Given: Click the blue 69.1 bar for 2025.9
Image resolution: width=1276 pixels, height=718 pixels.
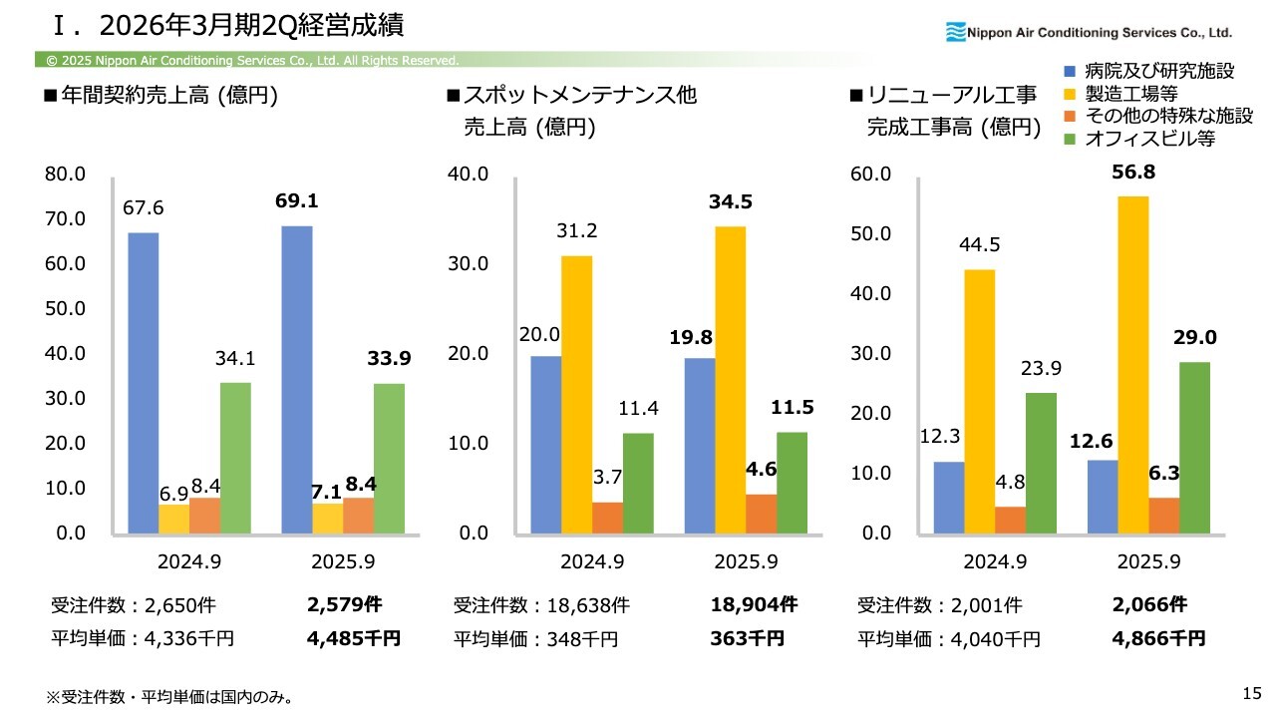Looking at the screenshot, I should [297, 379].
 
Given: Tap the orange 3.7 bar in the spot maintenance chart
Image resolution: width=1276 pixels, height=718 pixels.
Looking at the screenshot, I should [608, 517].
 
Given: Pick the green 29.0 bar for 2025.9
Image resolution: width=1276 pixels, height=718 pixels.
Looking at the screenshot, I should [1194, 447].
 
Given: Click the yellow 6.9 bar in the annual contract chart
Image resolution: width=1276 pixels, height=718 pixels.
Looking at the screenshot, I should [174, 519].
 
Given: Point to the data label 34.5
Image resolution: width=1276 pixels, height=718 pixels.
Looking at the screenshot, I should [731, 202].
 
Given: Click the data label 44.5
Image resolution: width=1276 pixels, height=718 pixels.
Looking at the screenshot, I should [980, 245].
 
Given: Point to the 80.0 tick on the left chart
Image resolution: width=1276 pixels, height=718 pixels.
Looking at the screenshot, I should [65, 175].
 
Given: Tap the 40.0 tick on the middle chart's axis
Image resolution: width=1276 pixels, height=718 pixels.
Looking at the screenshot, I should [468, 175].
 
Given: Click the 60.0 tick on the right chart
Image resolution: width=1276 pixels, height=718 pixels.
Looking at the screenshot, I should [869, 175].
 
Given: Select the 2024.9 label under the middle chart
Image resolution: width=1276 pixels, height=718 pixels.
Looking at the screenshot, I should [592, 561].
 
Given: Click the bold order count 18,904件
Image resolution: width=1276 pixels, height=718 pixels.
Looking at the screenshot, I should [755, 604].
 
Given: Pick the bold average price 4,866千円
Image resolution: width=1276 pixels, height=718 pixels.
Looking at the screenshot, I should [1159, 638].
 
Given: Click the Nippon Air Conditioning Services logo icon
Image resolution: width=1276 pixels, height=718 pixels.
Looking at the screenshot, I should [956, 33].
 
